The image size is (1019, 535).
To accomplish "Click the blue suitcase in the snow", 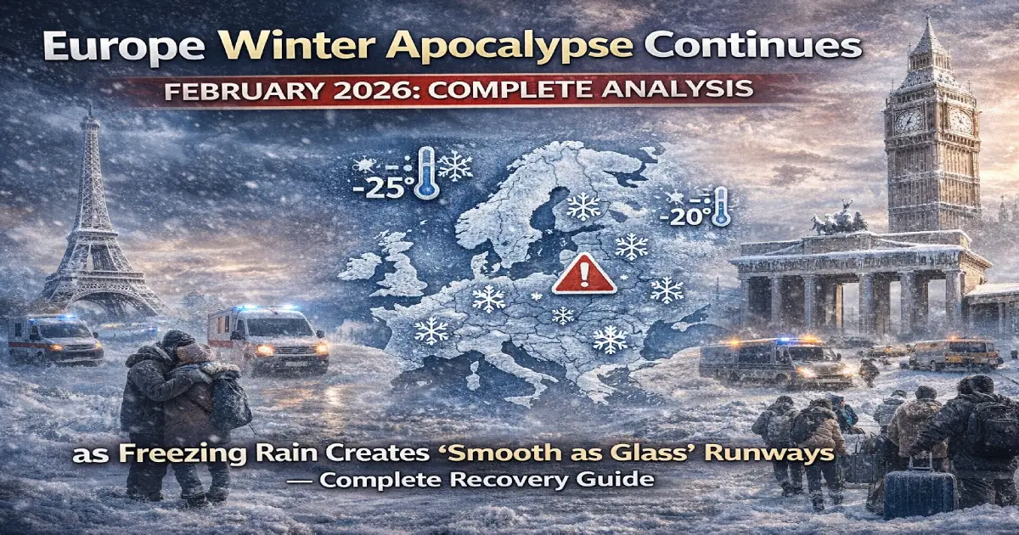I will [919, 493].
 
